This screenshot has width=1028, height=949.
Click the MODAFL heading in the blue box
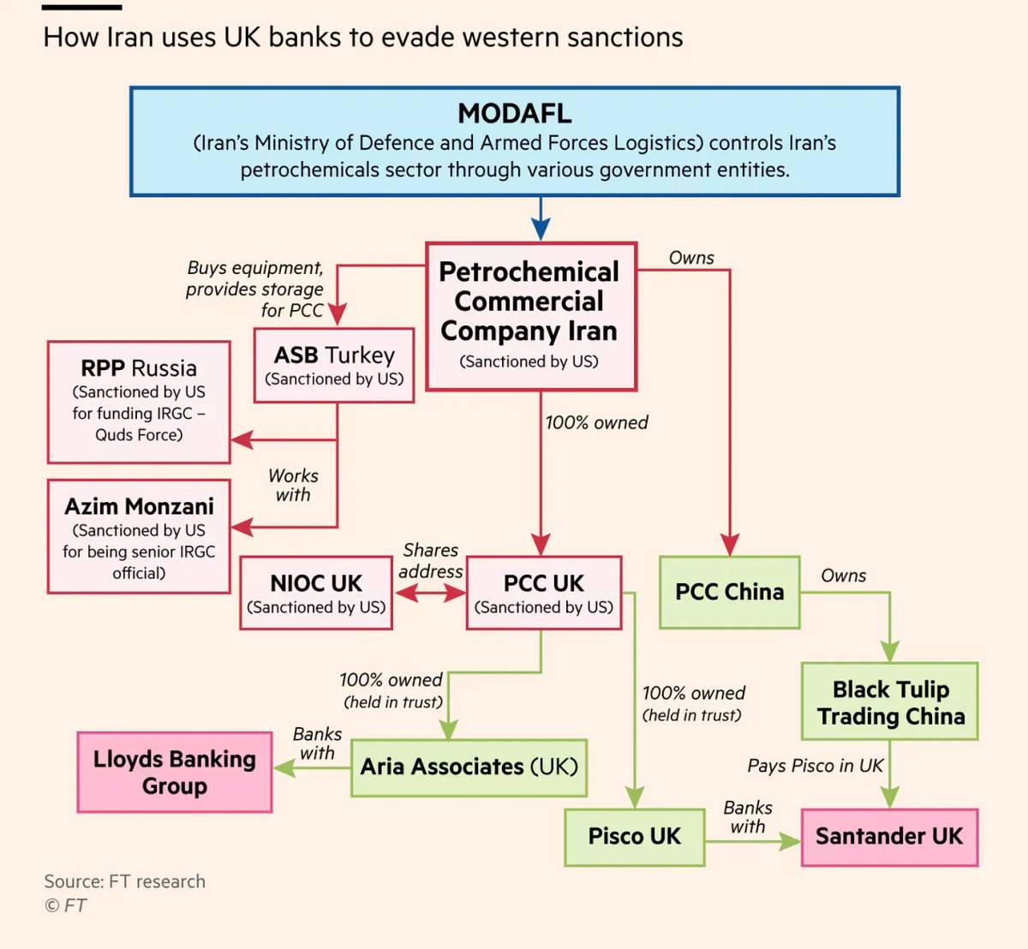(515, 113)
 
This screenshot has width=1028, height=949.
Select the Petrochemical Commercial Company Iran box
(531, 316)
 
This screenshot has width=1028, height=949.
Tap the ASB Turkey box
(334, 365)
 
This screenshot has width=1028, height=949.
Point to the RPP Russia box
(139, 402)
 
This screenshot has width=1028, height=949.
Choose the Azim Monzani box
(139, 536)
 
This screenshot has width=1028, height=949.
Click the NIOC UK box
(316, 593)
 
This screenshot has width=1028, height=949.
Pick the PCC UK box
(543, 593)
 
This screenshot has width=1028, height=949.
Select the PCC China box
(729, 593)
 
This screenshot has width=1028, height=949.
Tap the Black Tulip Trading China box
(890, 701)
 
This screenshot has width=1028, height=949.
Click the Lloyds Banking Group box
(175, 772)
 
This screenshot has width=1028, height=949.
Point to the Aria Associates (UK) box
(469, 767)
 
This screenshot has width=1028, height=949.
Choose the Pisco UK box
(635, 837)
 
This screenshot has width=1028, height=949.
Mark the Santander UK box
(890, 837)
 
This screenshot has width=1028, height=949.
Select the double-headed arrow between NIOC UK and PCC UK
(430, 594)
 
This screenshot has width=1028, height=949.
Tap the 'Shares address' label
(431, 561)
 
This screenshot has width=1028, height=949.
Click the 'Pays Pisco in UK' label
(815, 766)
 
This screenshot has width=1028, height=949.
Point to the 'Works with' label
(293, 485)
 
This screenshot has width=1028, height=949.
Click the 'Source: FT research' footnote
(125, 881)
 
